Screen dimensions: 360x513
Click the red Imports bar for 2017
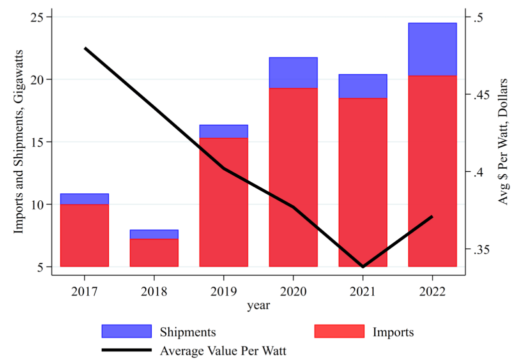84,235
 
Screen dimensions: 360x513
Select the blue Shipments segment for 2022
432,49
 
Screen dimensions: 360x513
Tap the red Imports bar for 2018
154,252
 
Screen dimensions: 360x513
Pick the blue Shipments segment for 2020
293,73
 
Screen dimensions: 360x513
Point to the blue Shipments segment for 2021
363,86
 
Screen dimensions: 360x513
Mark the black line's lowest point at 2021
363,266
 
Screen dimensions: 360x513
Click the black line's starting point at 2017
85,49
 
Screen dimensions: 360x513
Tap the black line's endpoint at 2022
432,216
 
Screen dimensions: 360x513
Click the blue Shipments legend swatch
126,331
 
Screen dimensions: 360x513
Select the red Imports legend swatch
339,331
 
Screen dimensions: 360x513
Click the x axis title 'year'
259,305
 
